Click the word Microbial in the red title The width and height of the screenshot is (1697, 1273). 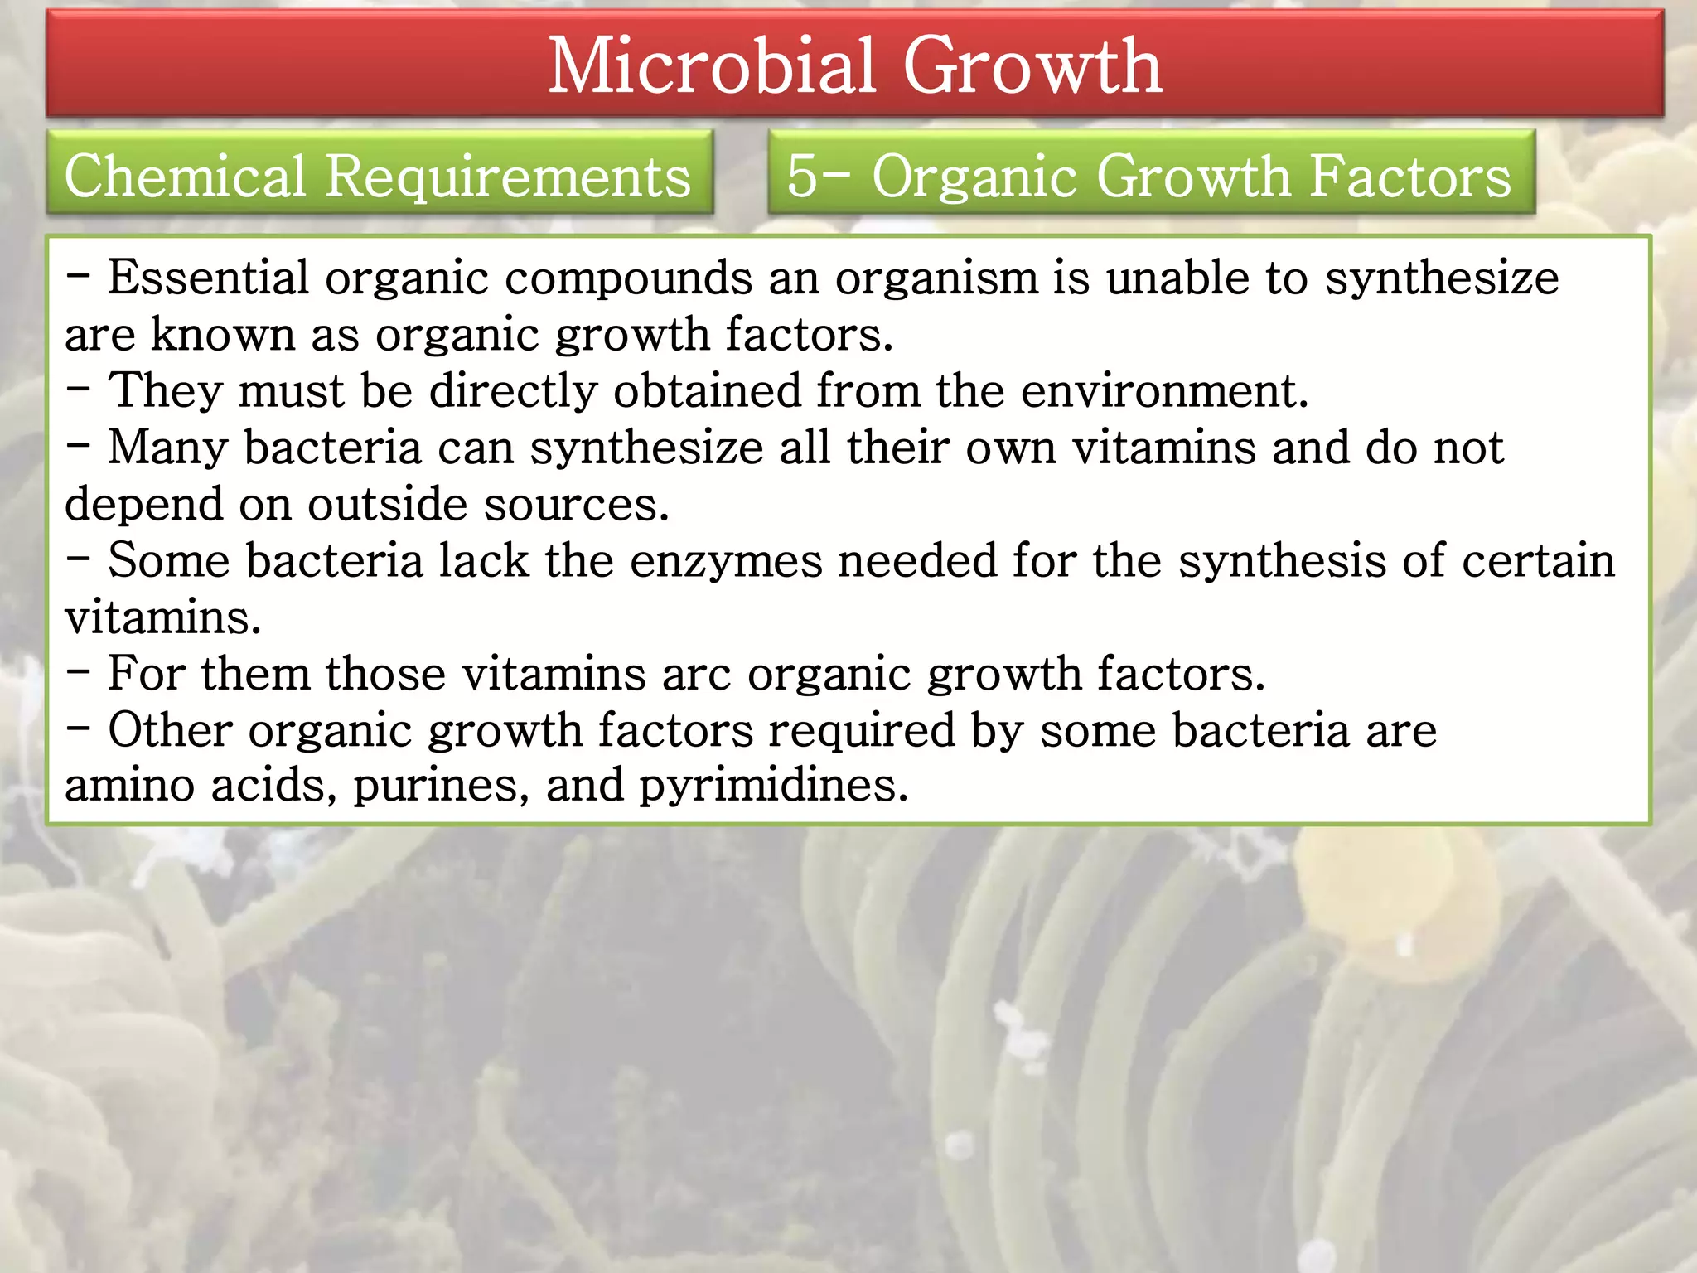[x=711, y=66]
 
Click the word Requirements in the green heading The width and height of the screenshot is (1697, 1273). [x=508, y=177]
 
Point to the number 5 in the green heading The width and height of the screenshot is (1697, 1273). [x=800, y=176]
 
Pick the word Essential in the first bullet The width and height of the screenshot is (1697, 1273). [x=208, y=278]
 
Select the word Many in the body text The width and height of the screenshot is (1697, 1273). [x=167, y=448]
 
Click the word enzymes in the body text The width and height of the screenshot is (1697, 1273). [x=726, y=561]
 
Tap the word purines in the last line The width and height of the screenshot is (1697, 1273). [x=441, y=785]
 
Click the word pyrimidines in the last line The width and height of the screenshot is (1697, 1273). [x=773, y=785]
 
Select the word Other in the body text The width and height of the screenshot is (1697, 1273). [x=170, y=730]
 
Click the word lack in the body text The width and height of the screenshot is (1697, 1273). [x=483, y=561]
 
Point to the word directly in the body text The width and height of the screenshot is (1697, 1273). [x=513, y=390]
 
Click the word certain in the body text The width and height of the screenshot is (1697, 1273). [x=1538, y=561]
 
